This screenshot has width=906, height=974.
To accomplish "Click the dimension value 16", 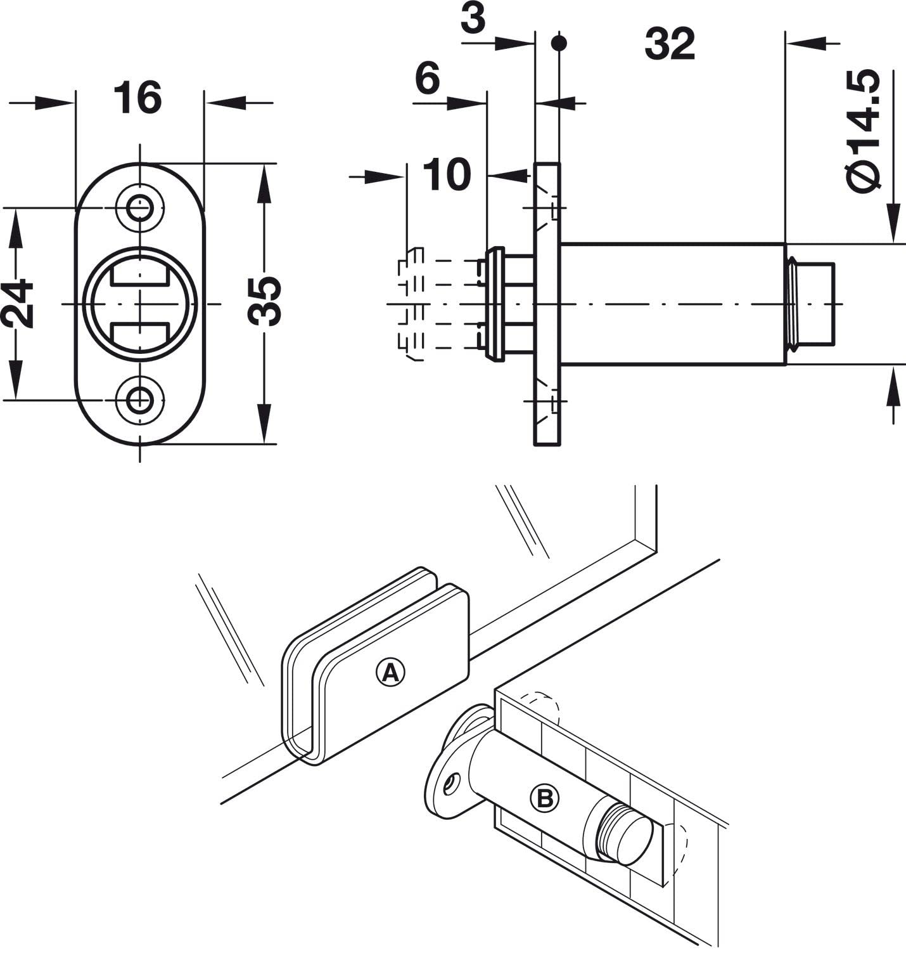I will tap(137, 98).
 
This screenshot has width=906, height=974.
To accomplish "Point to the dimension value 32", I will tap(670, 44).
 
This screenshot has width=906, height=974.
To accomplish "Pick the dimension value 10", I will tap(447, 174).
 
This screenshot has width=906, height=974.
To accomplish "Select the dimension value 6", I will tap(427, 79).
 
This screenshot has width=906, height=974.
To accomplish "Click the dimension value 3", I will tap(473, 20).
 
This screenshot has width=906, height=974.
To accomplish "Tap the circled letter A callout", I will tap(390, 672).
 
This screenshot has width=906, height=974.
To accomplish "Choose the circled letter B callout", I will tap(545, 798).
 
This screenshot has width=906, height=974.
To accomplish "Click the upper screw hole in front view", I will tap(139, 207).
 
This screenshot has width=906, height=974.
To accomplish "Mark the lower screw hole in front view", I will tap(139, 400).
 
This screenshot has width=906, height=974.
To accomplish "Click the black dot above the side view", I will tap(558, 43).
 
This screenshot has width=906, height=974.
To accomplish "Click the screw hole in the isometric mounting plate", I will tap(451, 784).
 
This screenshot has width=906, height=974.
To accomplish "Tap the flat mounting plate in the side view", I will tap(547, 304).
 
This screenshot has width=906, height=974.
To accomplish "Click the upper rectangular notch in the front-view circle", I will tap(139, 274).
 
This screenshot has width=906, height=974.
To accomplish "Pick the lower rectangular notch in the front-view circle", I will tap(139, 333).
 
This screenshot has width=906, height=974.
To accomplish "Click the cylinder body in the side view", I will tap(672, 304).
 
